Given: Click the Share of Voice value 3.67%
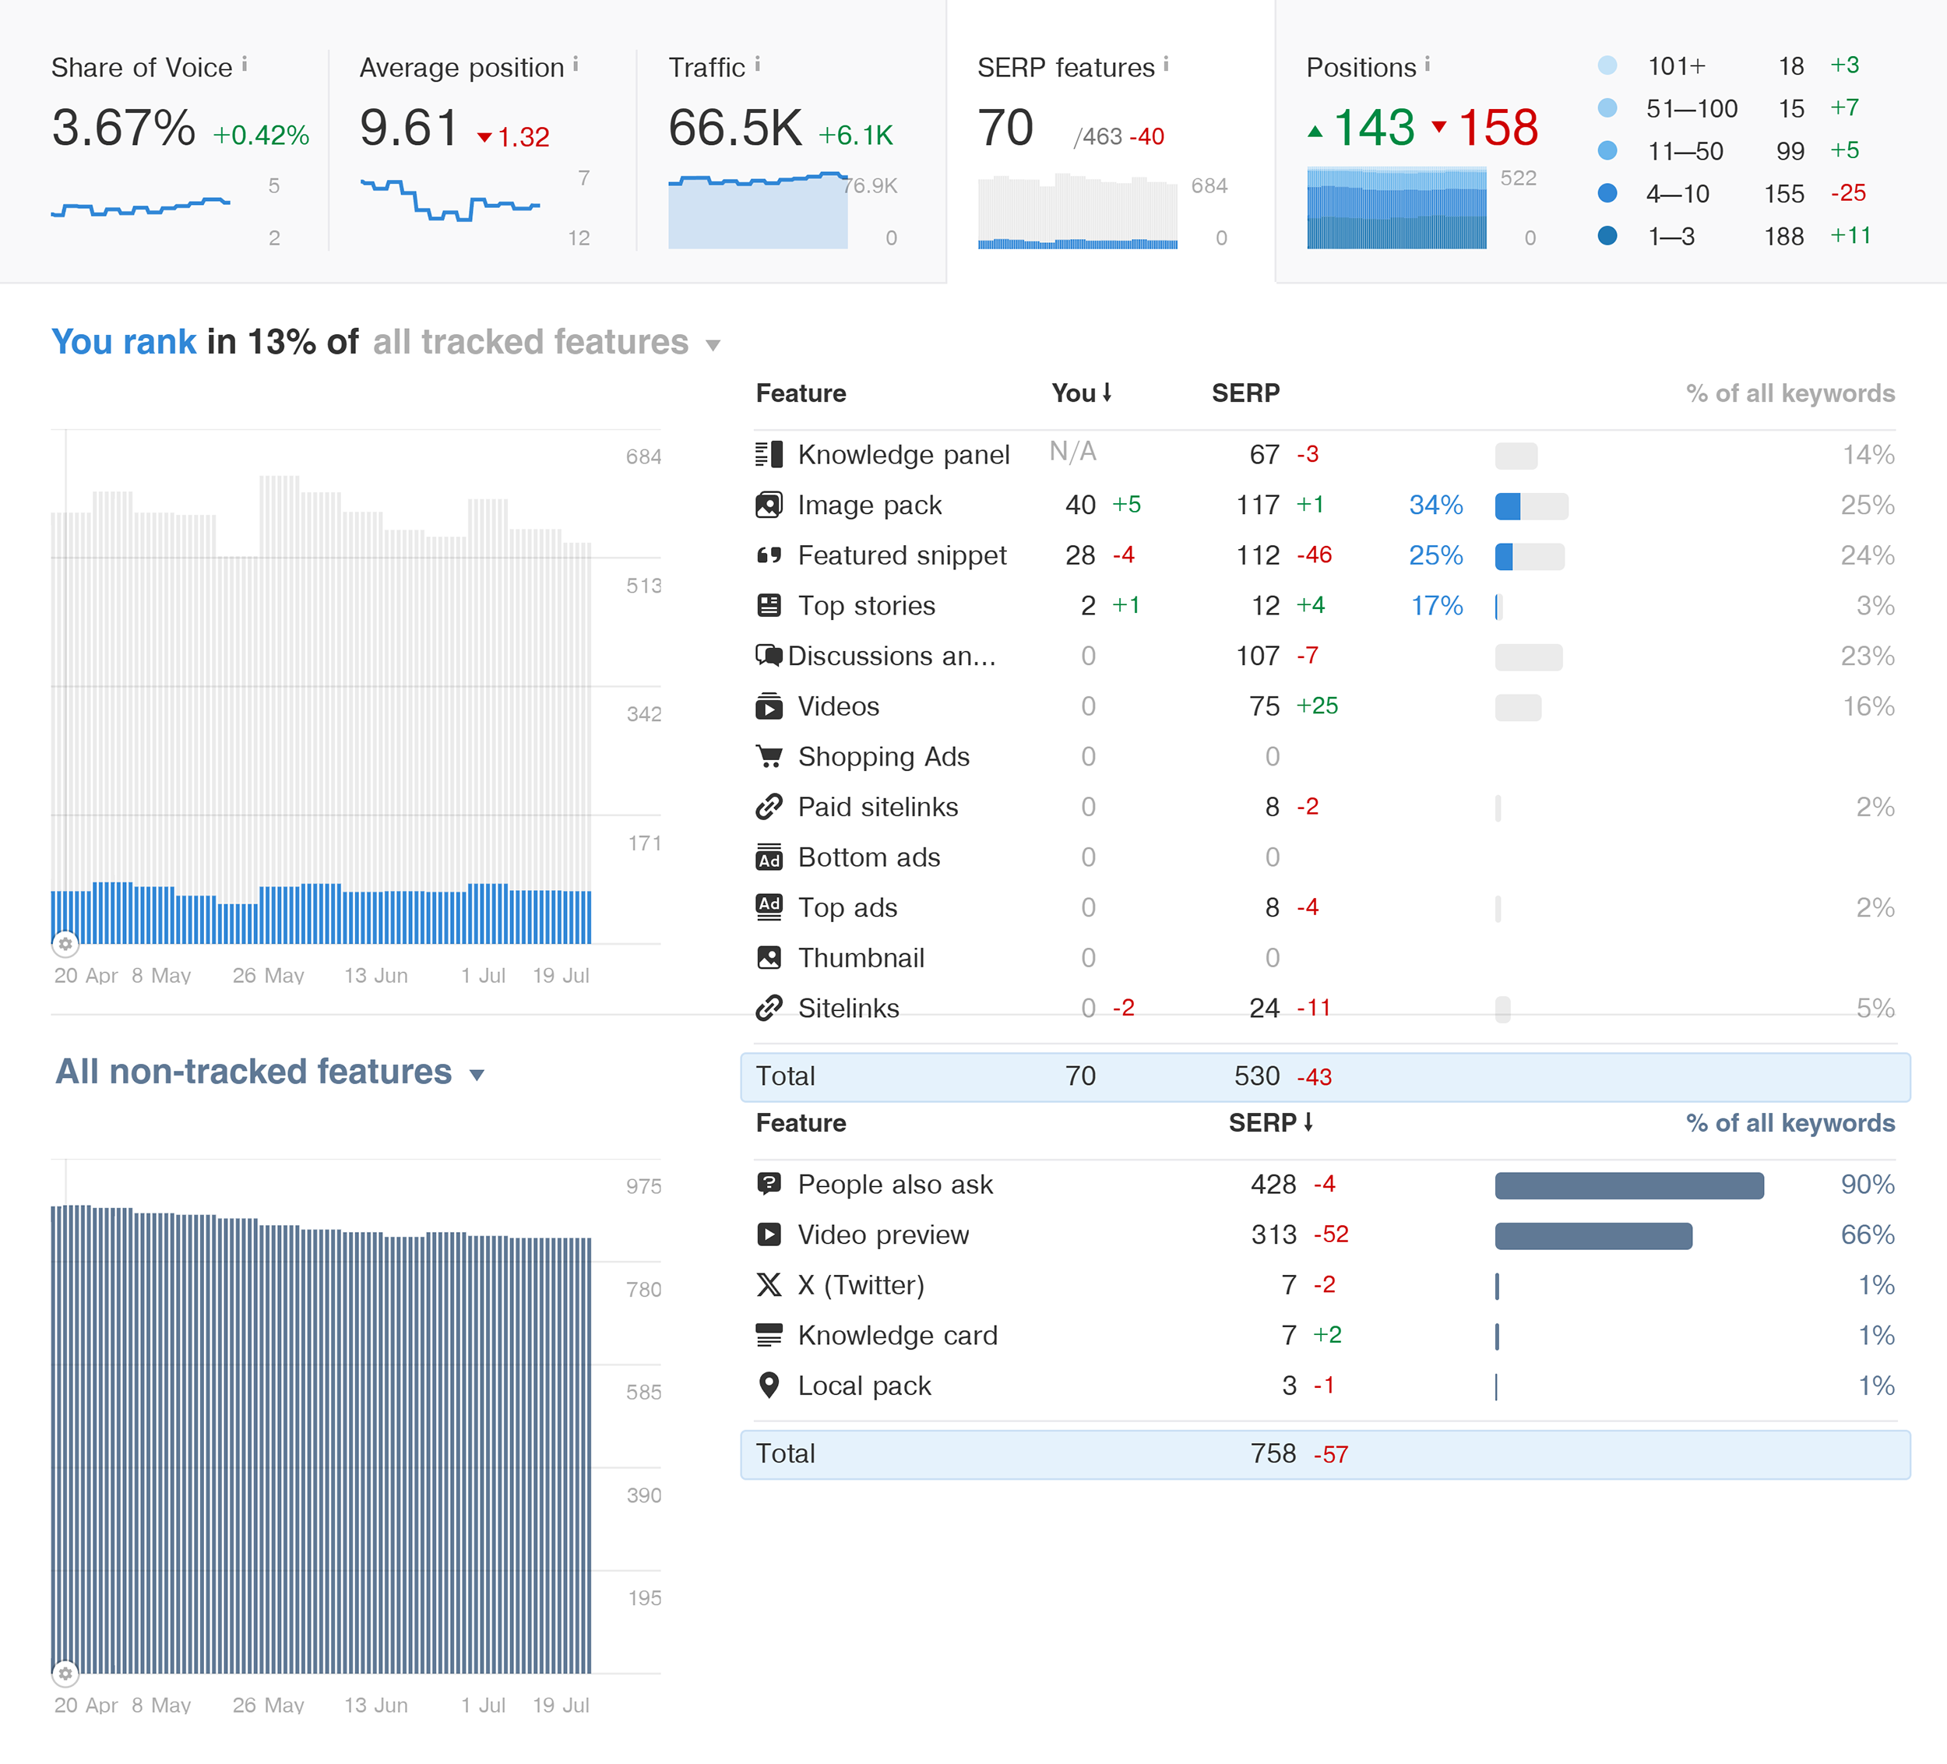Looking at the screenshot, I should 124,129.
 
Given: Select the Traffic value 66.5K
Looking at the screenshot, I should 735,129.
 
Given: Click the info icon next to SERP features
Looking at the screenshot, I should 1166,65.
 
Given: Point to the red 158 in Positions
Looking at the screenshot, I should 1497,129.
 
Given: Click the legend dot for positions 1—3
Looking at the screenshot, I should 1607,236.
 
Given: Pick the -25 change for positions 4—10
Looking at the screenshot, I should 1847,193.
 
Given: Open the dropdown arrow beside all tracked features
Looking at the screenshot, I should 713,345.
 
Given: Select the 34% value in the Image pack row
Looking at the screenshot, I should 1435,505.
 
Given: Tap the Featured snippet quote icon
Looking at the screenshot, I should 769,555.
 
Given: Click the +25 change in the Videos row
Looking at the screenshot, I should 1316,706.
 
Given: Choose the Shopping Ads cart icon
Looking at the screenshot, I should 769,756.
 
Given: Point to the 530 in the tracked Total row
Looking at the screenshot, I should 1255,1076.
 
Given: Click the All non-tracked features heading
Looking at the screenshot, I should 253,1072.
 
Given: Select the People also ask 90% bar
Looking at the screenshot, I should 1628,1185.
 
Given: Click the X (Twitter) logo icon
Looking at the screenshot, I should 769,1286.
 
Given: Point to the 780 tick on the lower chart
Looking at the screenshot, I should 643,1290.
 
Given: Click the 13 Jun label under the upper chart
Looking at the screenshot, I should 375,976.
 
